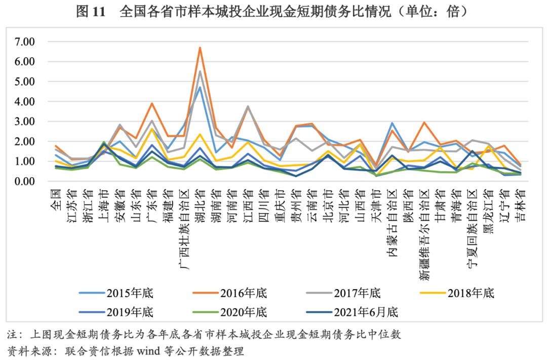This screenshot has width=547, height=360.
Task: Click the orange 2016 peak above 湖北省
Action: pos(200,48)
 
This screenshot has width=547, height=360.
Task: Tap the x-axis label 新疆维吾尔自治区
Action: pos(424,233)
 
